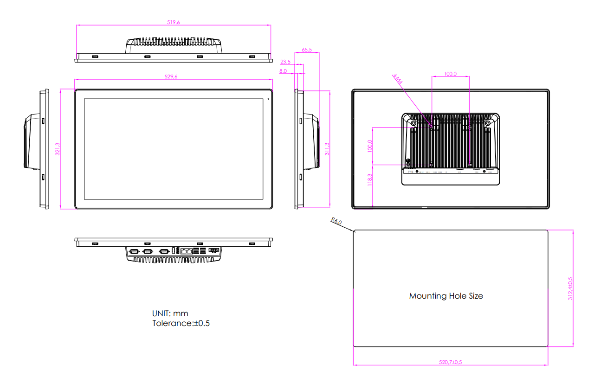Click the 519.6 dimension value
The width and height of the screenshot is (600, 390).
pos(173,22)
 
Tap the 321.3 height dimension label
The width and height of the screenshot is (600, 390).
pos(57,149)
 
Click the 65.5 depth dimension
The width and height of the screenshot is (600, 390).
pos(307,49)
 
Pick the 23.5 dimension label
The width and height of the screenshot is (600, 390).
pos(285,62)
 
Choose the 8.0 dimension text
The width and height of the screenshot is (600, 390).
pos(283,71)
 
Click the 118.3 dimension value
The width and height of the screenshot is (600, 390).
pos(369,180)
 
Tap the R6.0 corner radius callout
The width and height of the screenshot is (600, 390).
pos(336,222)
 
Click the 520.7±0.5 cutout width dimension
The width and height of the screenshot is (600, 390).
pos(450,362)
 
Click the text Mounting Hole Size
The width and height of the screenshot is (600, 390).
pos(446,296)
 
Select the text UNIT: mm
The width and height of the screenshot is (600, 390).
pos(170,313)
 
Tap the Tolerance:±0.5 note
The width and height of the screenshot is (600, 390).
pos(181,323)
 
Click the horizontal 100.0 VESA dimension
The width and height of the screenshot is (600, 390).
pos(450,74)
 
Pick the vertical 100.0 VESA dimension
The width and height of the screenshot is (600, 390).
pos(369,146)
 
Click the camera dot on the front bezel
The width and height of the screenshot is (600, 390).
pos(268,99)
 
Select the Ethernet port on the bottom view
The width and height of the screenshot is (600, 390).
pos(186,250)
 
